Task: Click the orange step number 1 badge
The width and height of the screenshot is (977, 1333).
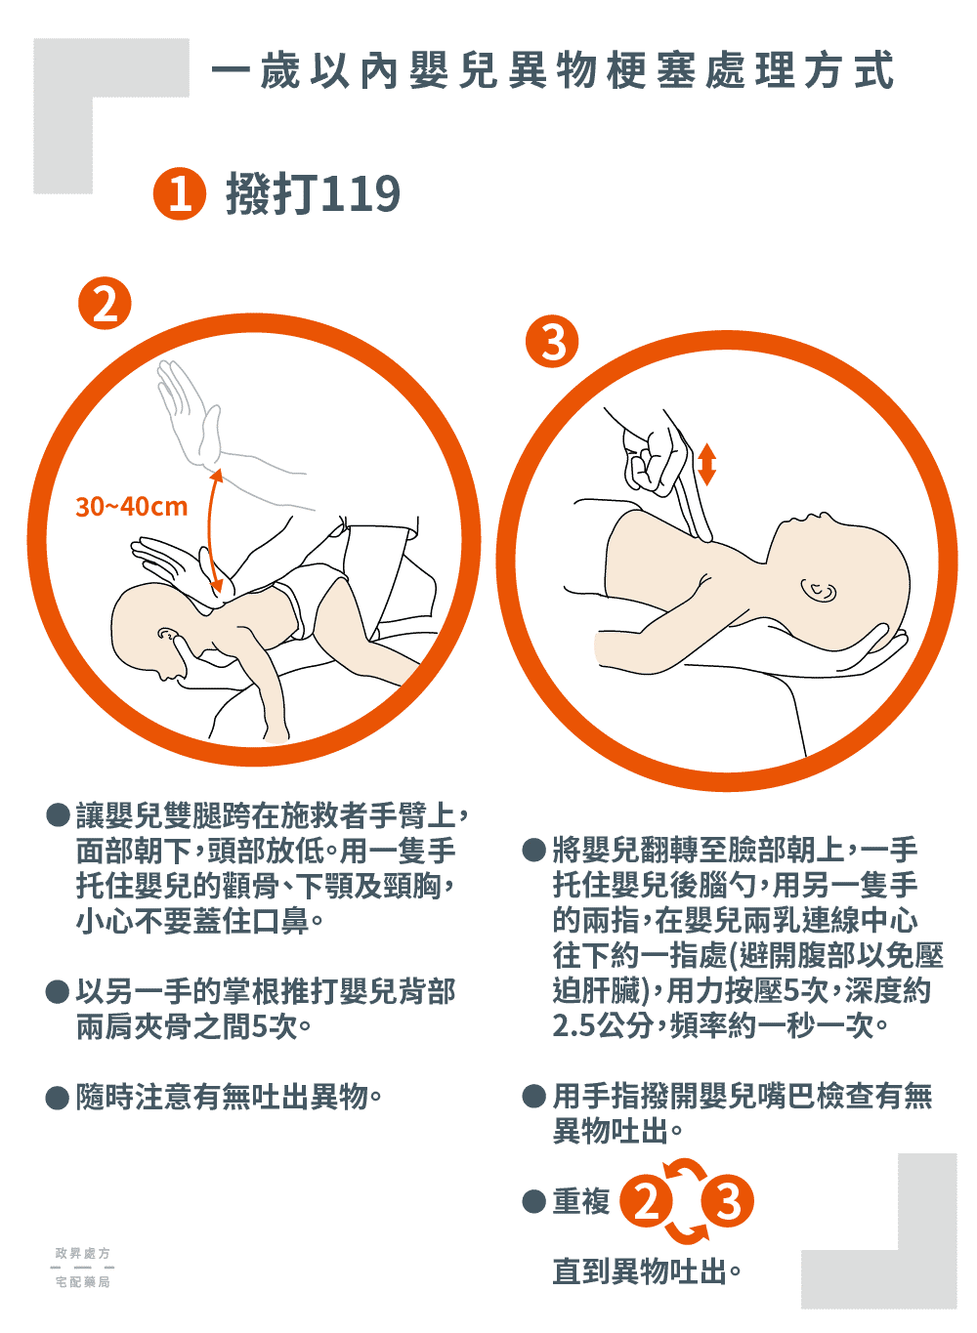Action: tap(179, 193)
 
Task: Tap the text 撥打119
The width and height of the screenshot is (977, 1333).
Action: tap(313, 193)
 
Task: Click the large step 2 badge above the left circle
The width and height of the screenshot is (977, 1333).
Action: tap(105, 303)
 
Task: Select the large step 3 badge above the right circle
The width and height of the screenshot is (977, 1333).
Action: tap(552, 341)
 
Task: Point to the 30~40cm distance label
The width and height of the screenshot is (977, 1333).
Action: tap(132, 507)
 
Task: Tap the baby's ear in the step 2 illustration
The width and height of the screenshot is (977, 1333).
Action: tap(168, 637)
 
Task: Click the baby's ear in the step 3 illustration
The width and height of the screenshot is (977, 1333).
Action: tap(818, 590)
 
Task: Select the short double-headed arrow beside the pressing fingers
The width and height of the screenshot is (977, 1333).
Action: tap(706, 465)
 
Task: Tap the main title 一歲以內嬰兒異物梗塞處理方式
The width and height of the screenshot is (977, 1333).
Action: tap(552, 70)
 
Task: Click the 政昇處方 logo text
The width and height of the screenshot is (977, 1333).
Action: tap(83, 1253)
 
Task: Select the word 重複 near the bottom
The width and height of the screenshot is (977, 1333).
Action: tap(580, 1201)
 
